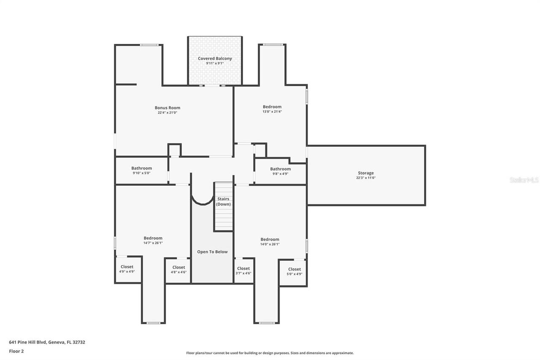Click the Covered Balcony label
pyautogui.click(x=215, y=59)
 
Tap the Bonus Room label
pyautogui.click(x=167, y=108)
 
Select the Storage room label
pyautogui.click(x=366, y=173)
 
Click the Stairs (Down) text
pyautogui.click(x=223, y=201)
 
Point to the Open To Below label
pyautogui.click(x=212, y=252)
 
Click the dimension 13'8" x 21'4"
pyautogui.click(x=272, y=112)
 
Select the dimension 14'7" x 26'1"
pyautogui.click(x=153, y=243)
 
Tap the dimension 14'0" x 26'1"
pyautogui.click(x=270, y=244)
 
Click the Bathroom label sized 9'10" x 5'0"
pyautogui.click(x=141, y=168)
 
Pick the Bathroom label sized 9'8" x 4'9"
pyautogui.click(x=281, y=169)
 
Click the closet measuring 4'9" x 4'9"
pyautogui.click(x=127, y=267)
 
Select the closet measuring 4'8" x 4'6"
pyautogui.click(x=178, y=267)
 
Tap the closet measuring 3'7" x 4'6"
pyautogui.click(x=243, y=268)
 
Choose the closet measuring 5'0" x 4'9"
pyautogui.click(x=294, y=269)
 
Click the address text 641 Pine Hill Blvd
pyautogui.click(x=47, y=342)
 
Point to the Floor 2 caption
pyautogui.click(x=16, y=351)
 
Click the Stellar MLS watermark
pyautogui.click(x=524, y=180)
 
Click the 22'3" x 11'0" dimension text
pyautogui.click(x=366, y=178)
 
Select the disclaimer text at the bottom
pyautogui.click(x=270, y=353)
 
